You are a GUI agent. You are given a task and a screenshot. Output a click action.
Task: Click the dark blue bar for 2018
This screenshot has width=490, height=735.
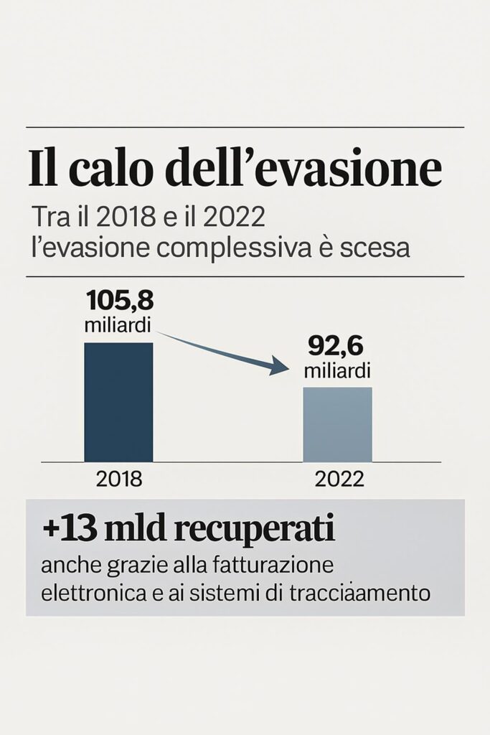tap(118, 402)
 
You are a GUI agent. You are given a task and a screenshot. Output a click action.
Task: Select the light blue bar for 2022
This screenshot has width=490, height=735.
tap(337, 424)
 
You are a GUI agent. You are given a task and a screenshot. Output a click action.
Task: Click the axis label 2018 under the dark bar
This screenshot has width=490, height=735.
tap(118, 479)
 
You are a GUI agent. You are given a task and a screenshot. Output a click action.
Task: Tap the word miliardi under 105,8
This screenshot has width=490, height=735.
tap(118, 324)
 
